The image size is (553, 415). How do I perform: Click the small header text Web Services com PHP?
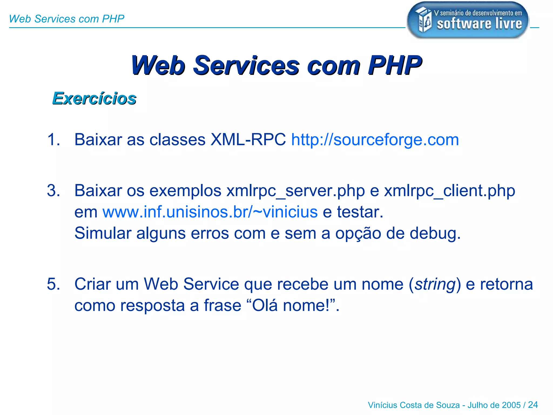[66, 19]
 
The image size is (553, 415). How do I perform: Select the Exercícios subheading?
[94, 98]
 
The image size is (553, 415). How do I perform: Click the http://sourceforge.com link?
[375, 140]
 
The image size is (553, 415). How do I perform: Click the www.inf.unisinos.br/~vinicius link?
[210, 212]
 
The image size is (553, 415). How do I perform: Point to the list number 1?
[53, 140]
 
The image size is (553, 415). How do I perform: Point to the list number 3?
[53, 191]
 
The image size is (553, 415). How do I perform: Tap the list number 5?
[53, 284]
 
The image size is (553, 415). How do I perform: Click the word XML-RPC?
[248, 140]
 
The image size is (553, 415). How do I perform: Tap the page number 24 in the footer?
[533, 405]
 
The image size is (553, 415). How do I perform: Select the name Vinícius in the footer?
[382, 405]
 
